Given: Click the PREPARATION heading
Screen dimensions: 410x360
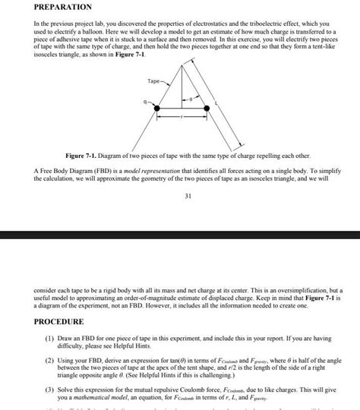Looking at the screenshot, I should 62,7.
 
